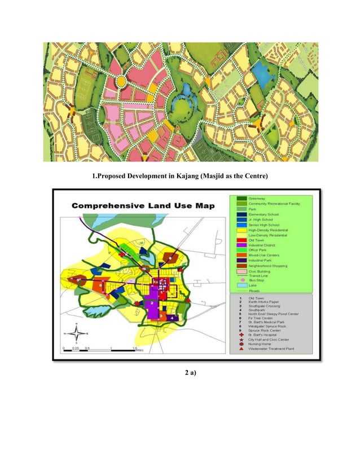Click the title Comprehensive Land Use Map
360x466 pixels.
tap(143, 206)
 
